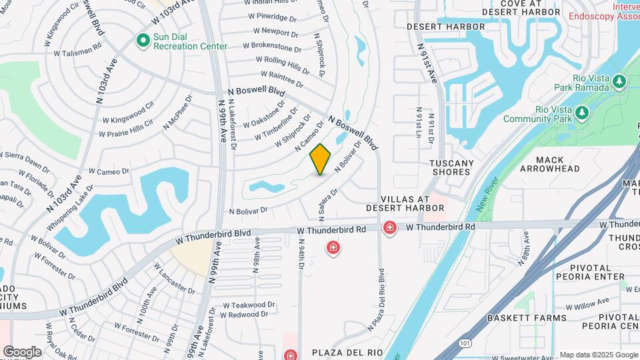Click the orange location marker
[x=321, y=159]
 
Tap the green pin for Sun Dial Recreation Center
[x=142, y=41]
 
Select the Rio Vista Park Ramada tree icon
[x=620, y=81]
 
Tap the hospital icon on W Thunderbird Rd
[x=390, y=229]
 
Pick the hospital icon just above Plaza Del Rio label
[x=290, y=355]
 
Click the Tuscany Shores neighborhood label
[x=451, y=167]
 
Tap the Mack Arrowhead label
[x=559, y=165]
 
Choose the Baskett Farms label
[x=526, y=318]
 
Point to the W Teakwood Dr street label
[x=249, y=305]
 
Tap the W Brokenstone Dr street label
[x=272, y=47]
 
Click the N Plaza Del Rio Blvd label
[x=377, y=300]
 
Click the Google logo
[x=22, y=352]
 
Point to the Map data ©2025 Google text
[x=598, y=355]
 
